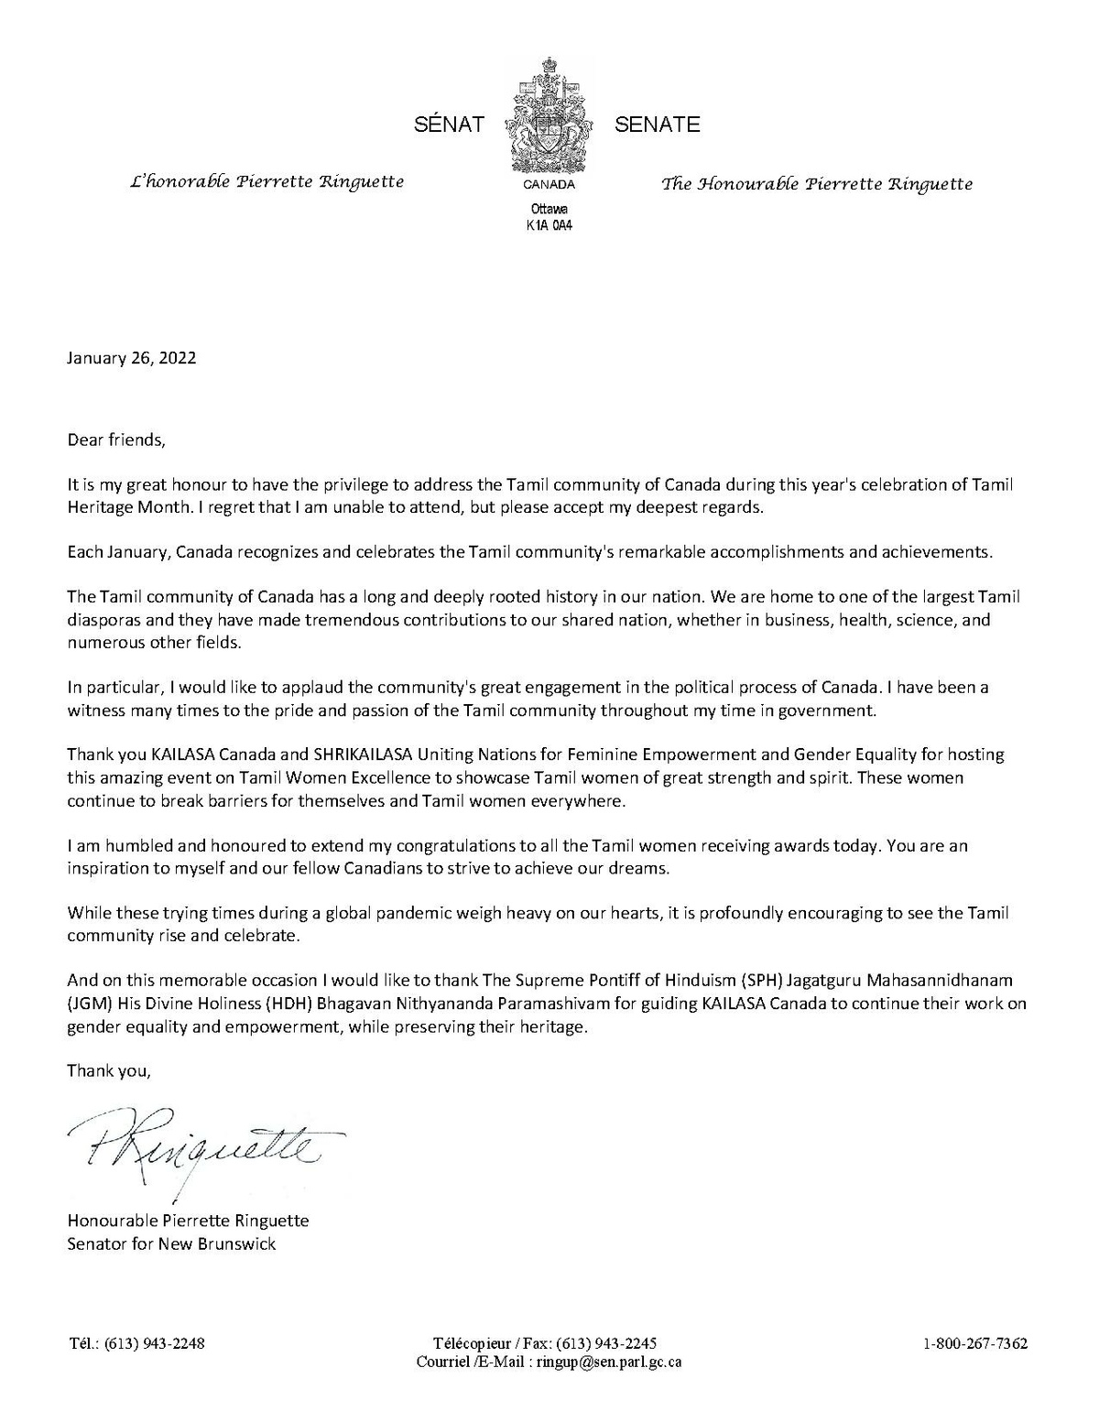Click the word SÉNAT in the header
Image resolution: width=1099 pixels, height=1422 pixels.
click(449, 125)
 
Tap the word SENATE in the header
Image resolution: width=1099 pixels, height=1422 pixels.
click(657, 125)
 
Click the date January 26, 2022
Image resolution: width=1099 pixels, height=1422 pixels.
click(131, 358)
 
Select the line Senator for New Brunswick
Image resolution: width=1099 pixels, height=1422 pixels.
click(171, 1243)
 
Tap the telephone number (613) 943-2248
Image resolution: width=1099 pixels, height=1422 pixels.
click(154, 1344)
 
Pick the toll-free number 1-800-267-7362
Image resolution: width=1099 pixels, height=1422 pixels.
click(975, 1344)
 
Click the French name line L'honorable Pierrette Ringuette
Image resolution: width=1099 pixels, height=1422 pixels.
click(267, 181)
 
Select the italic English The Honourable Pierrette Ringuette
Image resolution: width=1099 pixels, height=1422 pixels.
click(817, 184)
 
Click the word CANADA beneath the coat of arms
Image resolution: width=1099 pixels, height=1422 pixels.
click(549, 184)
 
